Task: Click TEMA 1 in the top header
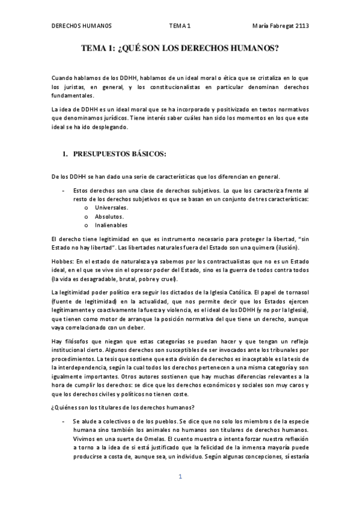point(180,26)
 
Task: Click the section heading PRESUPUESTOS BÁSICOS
point(119,154)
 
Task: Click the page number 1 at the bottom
point(180,477)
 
